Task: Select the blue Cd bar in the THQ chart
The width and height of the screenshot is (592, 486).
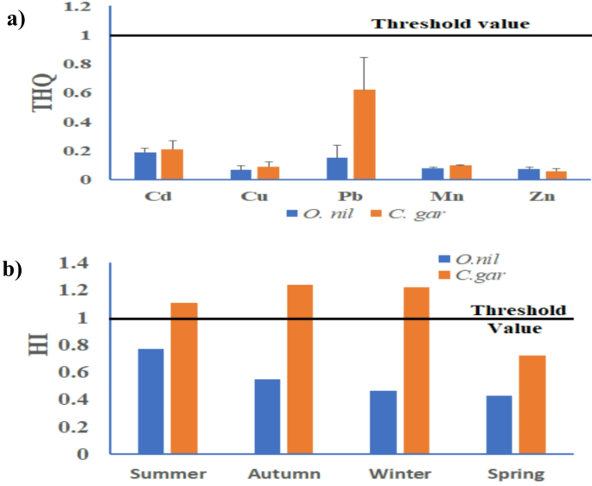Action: pyautogui.click(x=145, y=166)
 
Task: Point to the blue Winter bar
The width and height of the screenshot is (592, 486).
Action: pyautogui.click(x=383, y=422)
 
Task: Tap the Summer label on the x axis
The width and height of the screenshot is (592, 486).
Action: pyautogui.click(x=168, y=474)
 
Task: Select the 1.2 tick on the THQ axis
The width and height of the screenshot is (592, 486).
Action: pyautogui.click(x=80, y=7)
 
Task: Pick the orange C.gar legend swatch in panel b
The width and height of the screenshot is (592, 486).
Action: pyautogui.click(x=445, y=275)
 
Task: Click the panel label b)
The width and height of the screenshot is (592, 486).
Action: pyautogui.click(x=16, y=268)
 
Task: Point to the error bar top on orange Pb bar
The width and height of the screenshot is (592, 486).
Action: pyautogui.click(x=364, y=57)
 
